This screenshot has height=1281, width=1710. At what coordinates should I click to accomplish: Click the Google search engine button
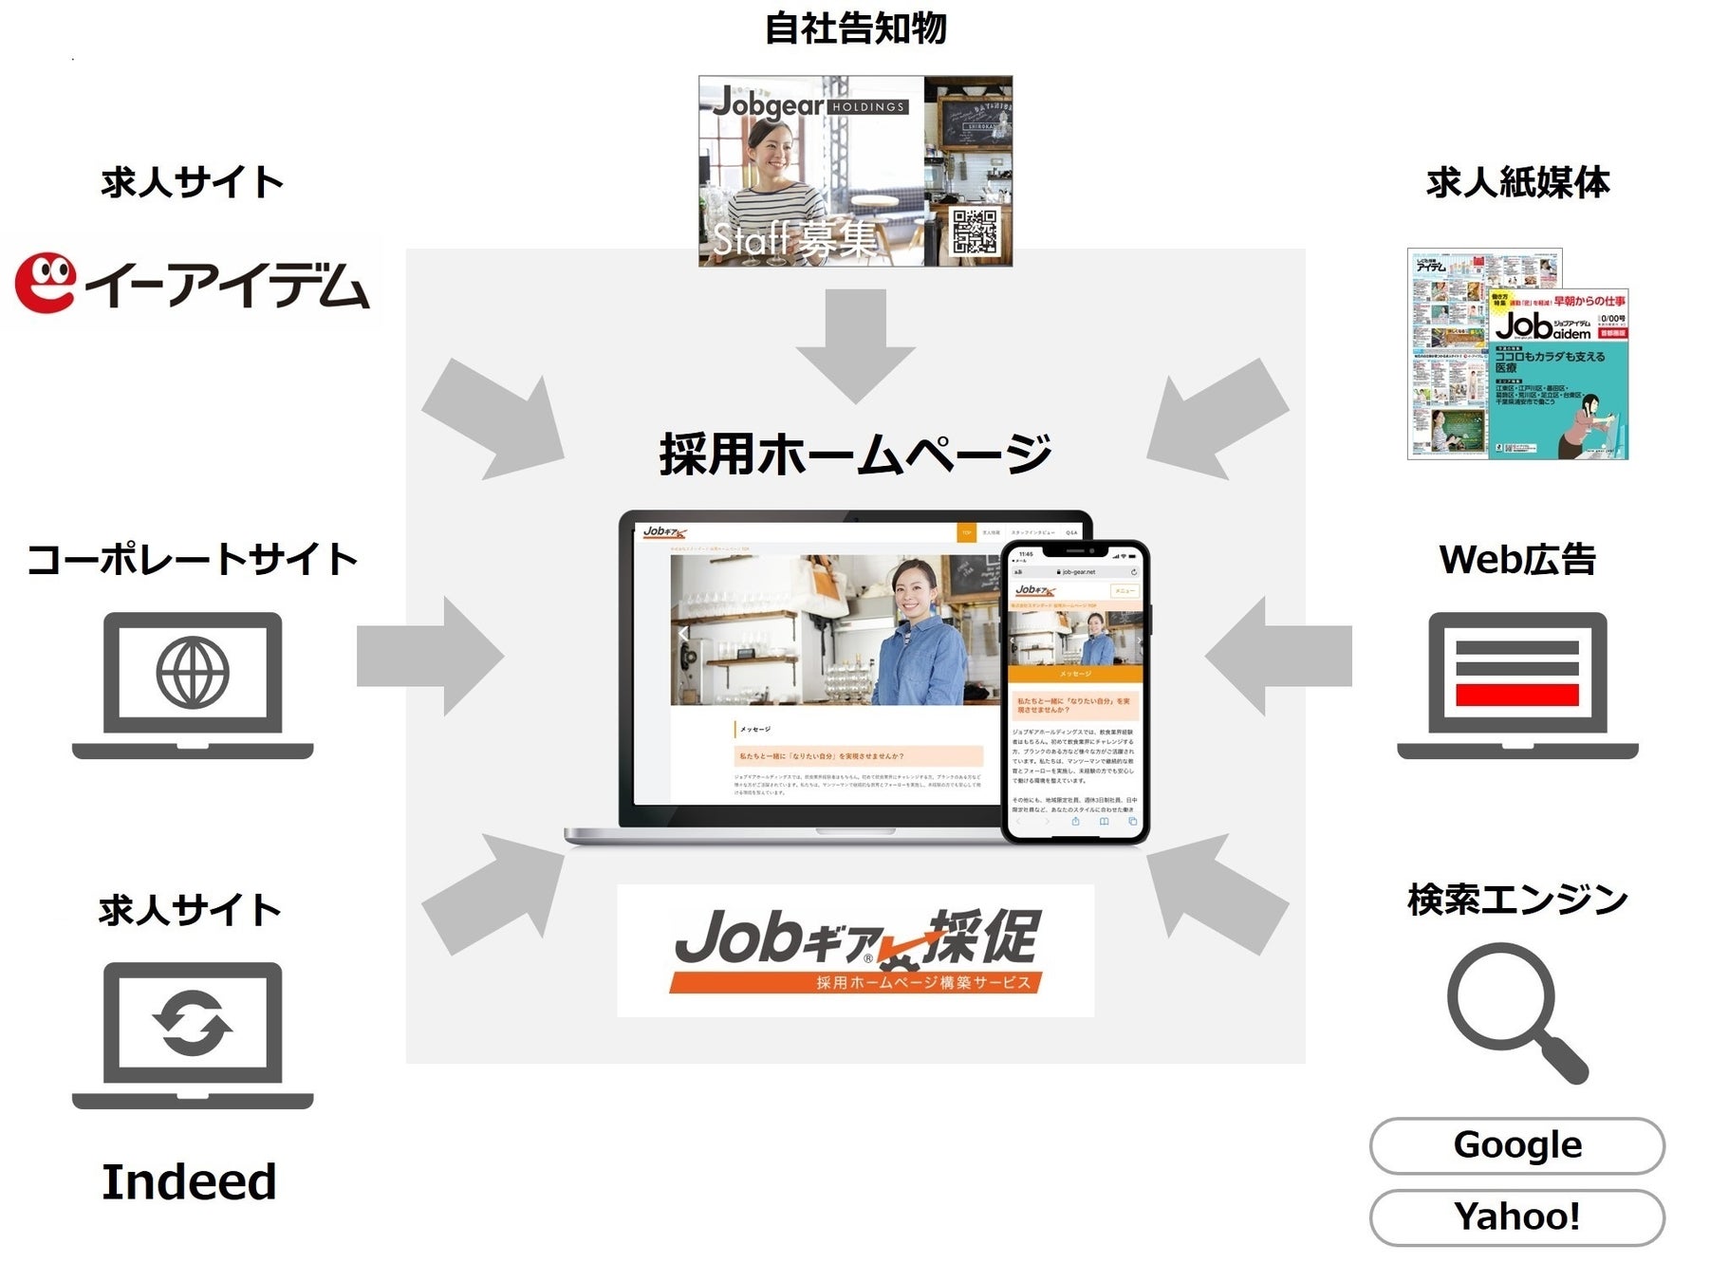click(1516, 1145)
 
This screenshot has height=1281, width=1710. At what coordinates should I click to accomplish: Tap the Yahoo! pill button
click(1516, 1216)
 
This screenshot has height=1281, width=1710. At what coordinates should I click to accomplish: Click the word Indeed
click(189, 1182)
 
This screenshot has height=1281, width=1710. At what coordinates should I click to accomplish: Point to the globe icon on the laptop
click(193, 673)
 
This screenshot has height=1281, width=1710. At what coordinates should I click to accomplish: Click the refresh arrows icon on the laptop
click(193, 1023)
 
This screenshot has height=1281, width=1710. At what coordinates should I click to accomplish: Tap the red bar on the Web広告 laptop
click(1516, 695)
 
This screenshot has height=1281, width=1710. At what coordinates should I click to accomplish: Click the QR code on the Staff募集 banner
click(975, 232)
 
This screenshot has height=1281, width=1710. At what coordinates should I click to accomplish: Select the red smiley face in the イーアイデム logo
click(46, 282)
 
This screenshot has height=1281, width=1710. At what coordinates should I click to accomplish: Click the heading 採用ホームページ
click(855, 454)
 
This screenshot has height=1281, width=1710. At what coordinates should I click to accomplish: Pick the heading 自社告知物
click(855, 28)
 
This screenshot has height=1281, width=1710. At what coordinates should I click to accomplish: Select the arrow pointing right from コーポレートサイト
click(430, 656)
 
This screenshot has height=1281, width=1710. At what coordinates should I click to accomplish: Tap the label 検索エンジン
click(1516, 900)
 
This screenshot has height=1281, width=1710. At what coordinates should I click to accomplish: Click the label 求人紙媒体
click(1516, 182)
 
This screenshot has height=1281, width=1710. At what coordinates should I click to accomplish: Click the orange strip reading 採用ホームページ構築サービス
click(855, 982)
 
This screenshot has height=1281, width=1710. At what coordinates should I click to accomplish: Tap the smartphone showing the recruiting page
click(1075, 693)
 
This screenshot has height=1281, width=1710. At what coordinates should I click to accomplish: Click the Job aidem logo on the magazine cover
click(1543, 326)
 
